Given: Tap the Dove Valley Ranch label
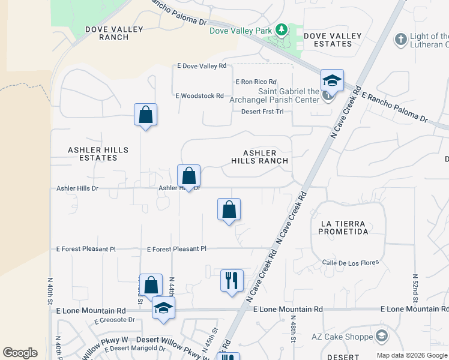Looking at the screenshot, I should coord(114,33).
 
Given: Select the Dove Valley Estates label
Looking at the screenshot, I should coord(333,40).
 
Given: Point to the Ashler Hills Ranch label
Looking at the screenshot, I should coord(260,157).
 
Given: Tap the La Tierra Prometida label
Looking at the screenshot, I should coord(344,227).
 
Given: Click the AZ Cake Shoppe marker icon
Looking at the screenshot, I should coord(381,335).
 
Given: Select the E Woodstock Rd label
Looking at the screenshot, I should coord(199,95).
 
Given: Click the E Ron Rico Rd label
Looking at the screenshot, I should coord(256,82).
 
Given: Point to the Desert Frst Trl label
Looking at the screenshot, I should coord(262,112).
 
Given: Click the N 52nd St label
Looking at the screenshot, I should coord(415,289).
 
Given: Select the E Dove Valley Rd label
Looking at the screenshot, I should coord(201,66).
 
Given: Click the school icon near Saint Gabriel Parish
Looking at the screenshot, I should coord(332,80).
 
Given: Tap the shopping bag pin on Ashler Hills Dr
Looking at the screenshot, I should coord(189,176).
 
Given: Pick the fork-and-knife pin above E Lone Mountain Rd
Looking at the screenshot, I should coord(232,280).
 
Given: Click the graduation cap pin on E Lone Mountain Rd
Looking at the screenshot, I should coord(163,308).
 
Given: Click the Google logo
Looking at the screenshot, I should coord(20,353).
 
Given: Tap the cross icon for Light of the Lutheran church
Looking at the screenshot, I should coord(400,40).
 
